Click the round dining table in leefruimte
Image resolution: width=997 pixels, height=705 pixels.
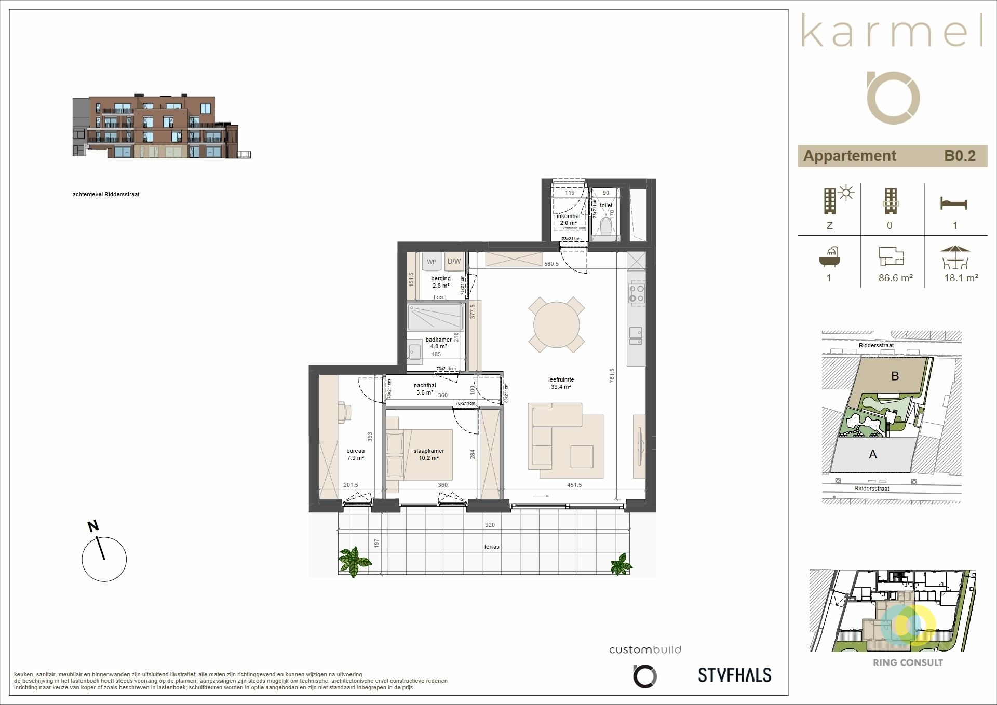click(x=556, y=325)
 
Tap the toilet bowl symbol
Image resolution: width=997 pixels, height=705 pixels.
click(x=605, y=226)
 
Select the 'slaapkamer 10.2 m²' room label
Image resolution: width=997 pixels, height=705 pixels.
click(x=428, y=454)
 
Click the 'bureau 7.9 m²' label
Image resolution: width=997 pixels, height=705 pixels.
click(x=355, y=454)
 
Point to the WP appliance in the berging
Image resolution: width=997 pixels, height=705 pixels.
click(x=431, y=262)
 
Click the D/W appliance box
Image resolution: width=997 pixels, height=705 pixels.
click(x=454, y=261)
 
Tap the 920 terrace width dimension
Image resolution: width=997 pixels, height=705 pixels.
click(x=490, y=525)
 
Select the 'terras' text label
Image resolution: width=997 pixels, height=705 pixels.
click(x=491, y=547)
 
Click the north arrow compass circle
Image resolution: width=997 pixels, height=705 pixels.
click(x=104, y=559)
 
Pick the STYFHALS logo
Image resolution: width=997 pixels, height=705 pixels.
click(x=734, y=675)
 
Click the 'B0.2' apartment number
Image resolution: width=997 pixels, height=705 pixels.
click(x=960, y=156)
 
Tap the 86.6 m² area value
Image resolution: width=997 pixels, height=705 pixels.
click(x=895, y=278)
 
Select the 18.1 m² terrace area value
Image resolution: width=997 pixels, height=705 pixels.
click(x=961, y=278)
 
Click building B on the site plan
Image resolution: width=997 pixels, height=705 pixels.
click(x=895, y=376)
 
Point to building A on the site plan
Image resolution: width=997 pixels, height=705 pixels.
click(x=873, y=454)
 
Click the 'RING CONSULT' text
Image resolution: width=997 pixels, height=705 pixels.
click(x=908, y=663)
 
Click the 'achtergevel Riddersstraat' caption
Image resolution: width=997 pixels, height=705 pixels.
click(x=106, y=194)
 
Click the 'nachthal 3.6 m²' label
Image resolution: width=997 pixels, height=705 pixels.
click(x=424, y=389)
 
